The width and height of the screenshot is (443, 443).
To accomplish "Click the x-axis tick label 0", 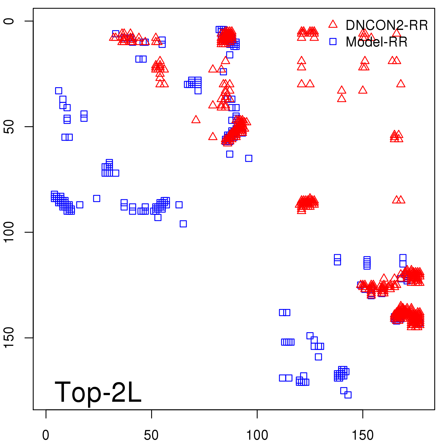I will pos(46,435).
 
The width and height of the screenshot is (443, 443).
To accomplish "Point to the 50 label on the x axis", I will pos(151,435).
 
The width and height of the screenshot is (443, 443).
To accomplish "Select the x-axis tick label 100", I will pos(257,435).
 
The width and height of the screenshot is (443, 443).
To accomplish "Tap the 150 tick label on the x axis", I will pos(362,435).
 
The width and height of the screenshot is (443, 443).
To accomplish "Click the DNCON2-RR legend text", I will pos(387,25).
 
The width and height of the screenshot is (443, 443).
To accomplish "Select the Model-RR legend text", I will pos(377,42).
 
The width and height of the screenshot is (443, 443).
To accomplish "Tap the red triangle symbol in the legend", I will pos(333,24).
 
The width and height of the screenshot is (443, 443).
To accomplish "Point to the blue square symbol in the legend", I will pos(333,42).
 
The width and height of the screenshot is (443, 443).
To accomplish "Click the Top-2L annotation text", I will pos(98,392).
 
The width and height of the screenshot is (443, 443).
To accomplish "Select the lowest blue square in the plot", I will pos(348,395).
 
